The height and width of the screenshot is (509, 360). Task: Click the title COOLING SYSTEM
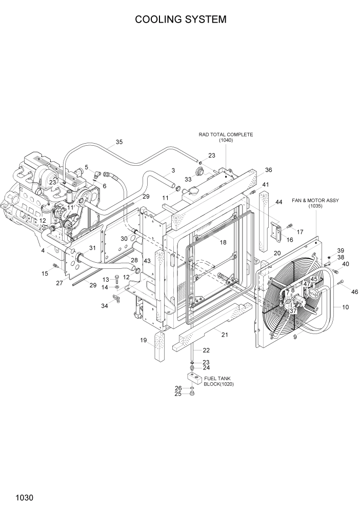pyautogui.click(x=180, y=19)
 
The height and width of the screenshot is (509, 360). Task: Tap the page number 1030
pyautogui.click(x=25, y=497)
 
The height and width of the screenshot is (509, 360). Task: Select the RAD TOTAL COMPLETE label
pyautogui.click(x=226, y=134)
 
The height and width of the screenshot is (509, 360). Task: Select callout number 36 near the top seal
pyautogui.click(x=268, y=170)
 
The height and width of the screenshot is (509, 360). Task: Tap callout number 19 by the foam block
pyautogui.click(x=144, y=340)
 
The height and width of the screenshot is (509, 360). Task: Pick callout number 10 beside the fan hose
pyautogui.click(x=345, y=307)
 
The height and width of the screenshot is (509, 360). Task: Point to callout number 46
pyautogui.click(x=354, y=291)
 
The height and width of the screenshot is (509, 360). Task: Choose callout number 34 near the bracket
pyautogui.click(x=105, y=306)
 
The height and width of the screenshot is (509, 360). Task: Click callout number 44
pyautogui.click(x=279, y=202)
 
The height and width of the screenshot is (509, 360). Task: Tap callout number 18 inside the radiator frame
pyautogui.click(x=223, y=242)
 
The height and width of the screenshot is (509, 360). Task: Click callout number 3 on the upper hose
pyautogui.click(x=173, y=170)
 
